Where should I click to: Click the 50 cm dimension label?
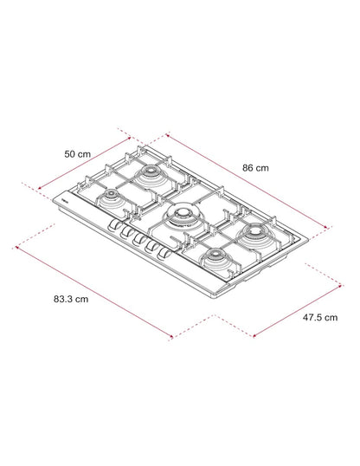78,154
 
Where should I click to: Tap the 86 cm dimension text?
255,168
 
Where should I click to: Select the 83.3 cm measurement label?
71,299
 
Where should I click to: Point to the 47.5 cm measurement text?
320,317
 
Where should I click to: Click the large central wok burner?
180,216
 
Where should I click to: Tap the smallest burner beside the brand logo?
112,197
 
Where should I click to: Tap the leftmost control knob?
112,225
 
